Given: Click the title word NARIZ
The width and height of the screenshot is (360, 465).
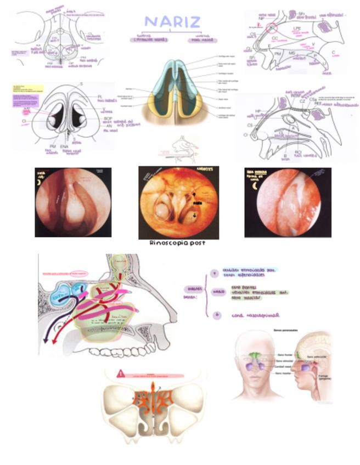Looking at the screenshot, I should [172, 22].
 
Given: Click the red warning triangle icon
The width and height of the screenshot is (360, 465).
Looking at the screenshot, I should [120, 373].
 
